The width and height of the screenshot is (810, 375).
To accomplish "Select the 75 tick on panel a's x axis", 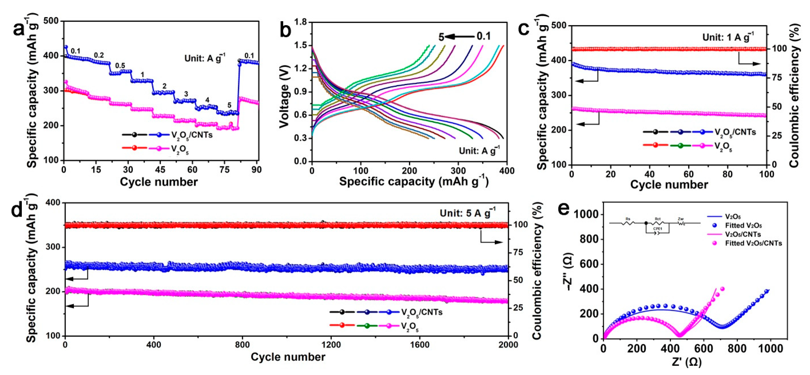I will [x=224, y=170].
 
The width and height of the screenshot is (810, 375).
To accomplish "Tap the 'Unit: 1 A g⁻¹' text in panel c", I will [x=728, y=37].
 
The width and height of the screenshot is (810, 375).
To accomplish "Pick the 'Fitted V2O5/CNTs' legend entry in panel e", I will [x=753, y=243].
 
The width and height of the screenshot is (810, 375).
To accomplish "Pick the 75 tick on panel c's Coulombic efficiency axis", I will [x=780, y=78].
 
